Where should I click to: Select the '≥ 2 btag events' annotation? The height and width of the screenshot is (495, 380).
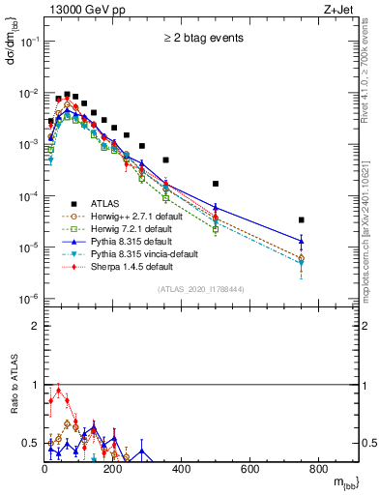(x=204, y=39)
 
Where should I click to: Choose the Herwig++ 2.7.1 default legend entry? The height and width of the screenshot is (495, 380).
(x=131, y=216)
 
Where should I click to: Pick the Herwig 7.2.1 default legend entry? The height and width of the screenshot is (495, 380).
(x=127, y=228)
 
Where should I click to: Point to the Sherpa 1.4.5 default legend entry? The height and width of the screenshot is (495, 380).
(x=127, y=266)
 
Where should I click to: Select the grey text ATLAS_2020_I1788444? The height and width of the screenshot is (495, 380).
(x=204, y=290)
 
